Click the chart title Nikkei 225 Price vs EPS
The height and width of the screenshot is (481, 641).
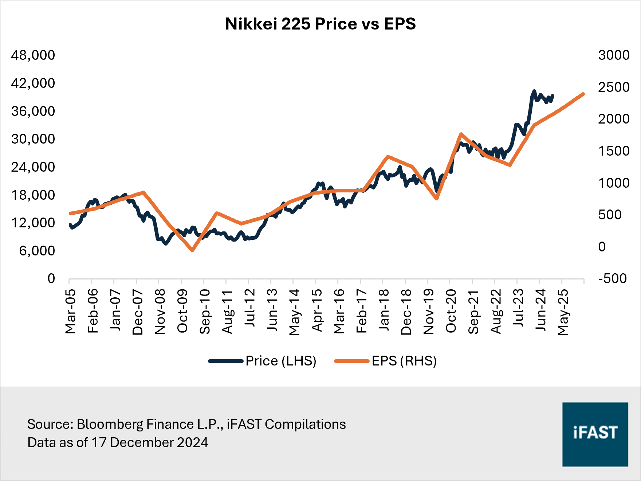point(320,24)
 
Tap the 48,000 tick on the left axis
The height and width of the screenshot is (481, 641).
point(33,55)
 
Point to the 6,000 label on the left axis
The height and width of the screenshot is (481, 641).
point(37,251)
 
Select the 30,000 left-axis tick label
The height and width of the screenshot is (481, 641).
point(33,139)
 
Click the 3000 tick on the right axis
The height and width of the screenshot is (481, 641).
point(614,55)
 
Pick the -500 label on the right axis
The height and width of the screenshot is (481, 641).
point(612,279)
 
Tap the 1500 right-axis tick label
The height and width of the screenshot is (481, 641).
point(614,151)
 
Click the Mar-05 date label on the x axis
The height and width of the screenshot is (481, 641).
point(70,311)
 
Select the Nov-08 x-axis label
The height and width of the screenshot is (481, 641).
point(160,312)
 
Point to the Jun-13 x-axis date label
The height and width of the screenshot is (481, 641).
point(272,310)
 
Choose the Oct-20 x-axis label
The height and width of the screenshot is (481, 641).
point(451,311)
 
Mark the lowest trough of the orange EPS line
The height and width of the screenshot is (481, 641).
point(192,250)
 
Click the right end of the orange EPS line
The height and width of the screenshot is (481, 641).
point(583,94)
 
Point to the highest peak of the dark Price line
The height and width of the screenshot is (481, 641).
point(534,91)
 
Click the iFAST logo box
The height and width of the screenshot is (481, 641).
point(595,434)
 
